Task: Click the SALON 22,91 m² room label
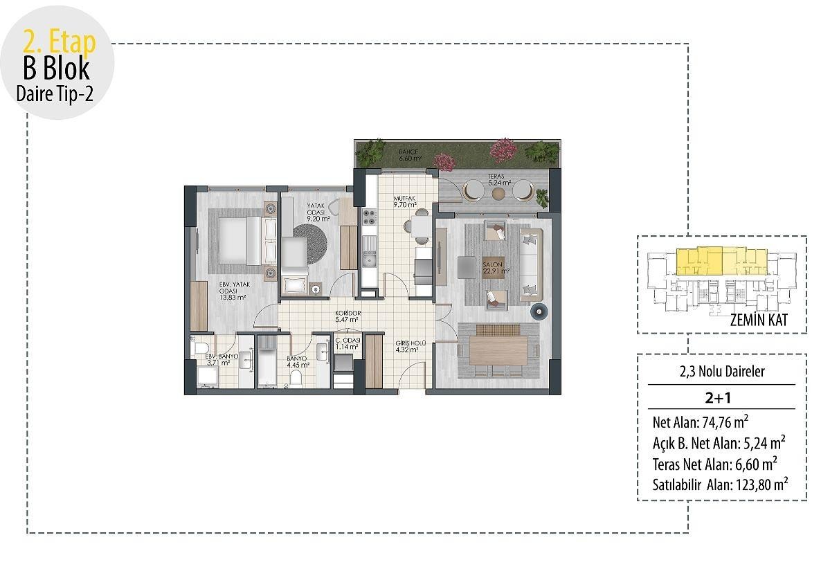coord(496,268)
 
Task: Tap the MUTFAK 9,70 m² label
coord(405,201)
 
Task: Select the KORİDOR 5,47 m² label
coord(348,316)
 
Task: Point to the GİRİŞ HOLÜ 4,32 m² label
coord(410,347)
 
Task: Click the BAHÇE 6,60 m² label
coord(410,155)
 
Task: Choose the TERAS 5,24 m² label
coord(499,180)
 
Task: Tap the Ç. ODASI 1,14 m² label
coord(348,343)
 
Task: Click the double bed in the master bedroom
coord(240,241)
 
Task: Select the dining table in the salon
coord(498,350)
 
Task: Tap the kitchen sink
coord(369,258)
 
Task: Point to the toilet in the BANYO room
coord(296,378)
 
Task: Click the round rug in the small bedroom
coord(309,244)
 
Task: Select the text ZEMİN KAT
coord(759,320)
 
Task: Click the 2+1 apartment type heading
coord(718,398)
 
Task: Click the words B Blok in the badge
coord(57,68)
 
